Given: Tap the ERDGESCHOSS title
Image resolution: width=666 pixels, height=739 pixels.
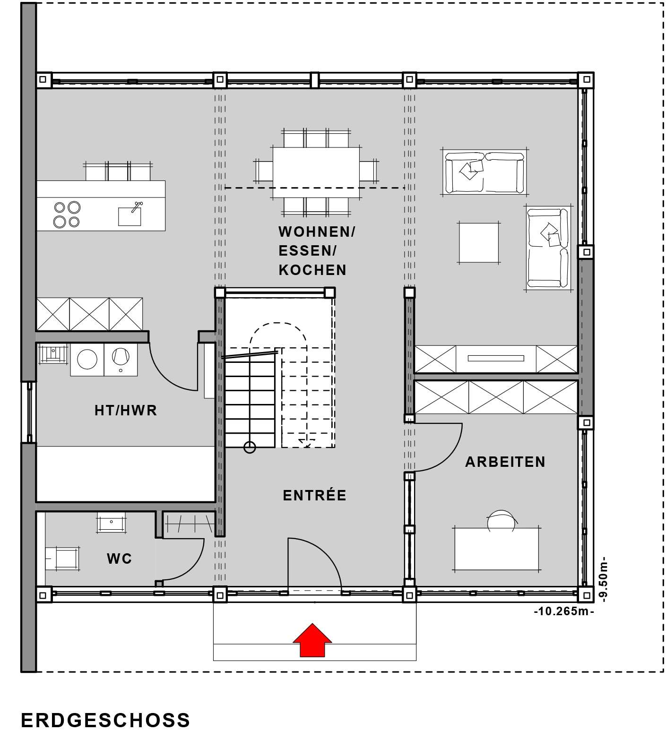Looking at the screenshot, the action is coord(106,720).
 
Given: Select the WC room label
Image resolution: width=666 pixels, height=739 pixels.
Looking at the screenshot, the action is coord(119,559).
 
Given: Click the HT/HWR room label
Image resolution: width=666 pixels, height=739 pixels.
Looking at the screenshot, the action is coord(126,410).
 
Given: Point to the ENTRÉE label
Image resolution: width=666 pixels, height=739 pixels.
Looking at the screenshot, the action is coord(315,495).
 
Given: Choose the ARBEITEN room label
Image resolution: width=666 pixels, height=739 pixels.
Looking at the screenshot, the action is coord(505,462).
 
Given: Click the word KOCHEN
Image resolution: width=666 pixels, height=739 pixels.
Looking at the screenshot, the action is coord(312,270).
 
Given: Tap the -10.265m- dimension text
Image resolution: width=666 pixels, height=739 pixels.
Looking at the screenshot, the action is coord(564,611).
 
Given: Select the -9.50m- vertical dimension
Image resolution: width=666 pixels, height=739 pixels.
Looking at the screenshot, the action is coord(603,579).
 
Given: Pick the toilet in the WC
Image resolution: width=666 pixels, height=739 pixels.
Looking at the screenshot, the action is coord(62,559).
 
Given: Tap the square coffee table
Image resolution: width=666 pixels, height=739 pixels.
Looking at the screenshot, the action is coord(479,242).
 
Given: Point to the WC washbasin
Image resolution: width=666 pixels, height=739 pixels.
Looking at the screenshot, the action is coord(112,522).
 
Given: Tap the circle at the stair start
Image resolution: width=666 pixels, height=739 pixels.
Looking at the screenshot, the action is coord(250,447).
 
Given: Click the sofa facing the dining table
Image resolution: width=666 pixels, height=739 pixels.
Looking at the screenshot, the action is coord(484,172).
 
